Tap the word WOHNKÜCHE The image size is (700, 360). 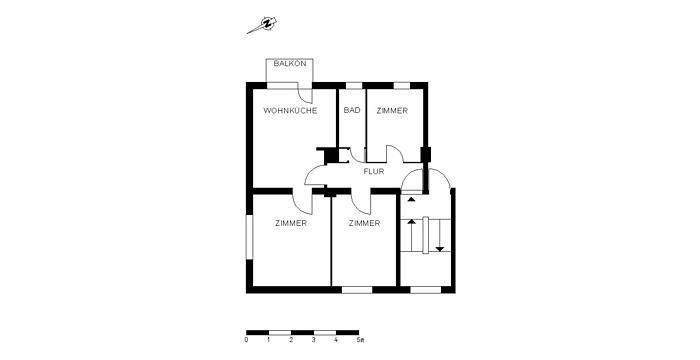point(290,111)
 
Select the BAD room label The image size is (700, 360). point(352,111)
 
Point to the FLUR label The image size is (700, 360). point(374,171)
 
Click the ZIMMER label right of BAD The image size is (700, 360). point(392,111)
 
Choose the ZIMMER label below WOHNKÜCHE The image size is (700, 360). point(291,223)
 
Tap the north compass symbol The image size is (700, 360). point(267,25)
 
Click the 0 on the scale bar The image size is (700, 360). point(246,340)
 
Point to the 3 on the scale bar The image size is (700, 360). point(313,340)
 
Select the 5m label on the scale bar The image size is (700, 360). point(360,340)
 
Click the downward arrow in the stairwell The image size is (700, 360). point(439,240)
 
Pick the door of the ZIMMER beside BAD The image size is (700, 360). point(396,155)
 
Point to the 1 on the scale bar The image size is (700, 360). point(269,340)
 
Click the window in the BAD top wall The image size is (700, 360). point(353,84)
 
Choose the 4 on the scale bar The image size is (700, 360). point(336,340)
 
